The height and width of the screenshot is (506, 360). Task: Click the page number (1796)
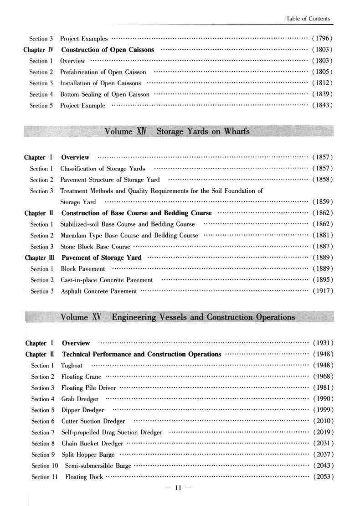click(322, 38)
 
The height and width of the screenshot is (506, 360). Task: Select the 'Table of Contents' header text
click(308, 19)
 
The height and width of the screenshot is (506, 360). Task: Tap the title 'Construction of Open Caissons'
click(108, 50)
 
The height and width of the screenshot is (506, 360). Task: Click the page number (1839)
click(322, 94)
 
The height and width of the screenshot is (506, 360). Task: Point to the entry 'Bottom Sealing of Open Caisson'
click(105, 94)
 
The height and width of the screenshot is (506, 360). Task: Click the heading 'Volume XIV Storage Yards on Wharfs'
click(177, 132)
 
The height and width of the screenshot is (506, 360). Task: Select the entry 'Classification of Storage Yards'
click(103, 169)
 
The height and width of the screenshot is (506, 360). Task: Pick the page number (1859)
click(323, 201)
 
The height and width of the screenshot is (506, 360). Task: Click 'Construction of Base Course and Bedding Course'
click(137, 213)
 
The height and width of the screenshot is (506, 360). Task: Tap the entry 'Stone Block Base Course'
click(95, 247)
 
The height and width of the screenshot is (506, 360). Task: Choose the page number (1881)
click(323, 235)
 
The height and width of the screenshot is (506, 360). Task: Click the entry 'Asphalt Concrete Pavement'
click(99, 291)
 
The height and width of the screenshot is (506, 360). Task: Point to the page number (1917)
click(323, 291)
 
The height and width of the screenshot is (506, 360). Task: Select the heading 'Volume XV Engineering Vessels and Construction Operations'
click(178, 317)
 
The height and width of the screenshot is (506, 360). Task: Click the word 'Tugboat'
click(72, 365)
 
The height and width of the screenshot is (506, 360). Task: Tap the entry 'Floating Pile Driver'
click(88, 388)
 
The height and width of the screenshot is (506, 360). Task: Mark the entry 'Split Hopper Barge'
click(88, 454)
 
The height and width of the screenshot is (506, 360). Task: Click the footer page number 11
click(178, 489)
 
